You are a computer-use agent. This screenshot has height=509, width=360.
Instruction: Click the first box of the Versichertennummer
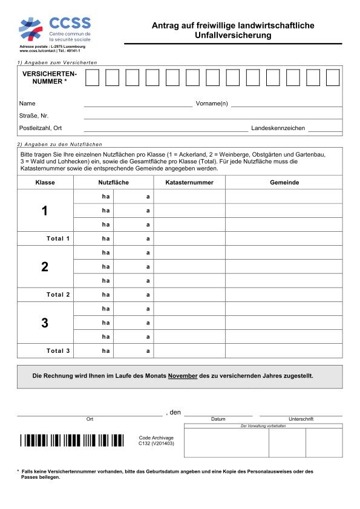pos(92,77)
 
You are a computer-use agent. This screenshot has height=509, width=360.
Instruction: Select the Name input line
pos(138,104)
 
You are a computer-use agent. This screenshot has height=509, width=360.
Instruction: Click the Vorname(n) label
pos(212,104)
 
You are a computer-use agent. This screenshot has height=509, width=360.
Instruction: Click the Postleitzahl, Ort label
pos(41,128)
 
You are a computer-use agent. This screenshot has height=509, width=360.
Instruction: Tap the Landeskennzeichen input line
pos(325,128)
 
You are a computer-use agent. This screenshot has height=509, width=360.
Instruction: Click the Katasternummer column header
pos(189,182)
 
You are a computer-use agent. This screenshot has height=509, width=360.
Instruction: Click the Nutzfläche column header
pos(113,182)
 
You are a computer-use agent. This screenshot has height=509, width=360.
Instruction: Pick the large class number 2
pos(45,267)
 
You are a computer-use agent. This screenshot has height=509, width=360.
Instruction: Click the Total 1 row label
pos(59,238)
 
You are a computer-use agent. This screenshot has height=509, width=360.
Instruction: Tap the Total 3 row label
pos(59,351)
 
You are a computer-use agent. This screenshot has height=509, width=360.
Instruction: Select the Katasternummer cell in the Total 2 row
pos(189,295)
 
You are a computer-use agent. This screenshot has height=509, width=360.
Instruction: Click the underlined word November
pos(183,376)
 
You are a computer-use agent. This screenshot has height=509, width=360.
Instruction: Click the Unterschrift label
pos(301,419)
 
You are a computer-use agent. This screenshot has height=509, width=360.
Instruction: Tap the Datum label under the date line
pos(218,419)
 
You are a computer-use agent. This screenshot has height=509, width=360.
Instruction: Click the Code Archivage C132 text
pos(156,440)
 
